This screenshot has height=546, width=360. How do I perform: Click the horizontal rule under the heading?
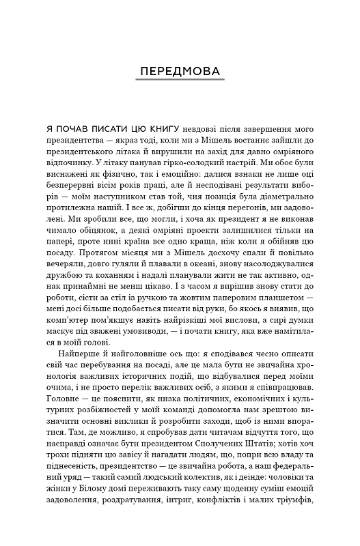(x=180, y=84)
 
